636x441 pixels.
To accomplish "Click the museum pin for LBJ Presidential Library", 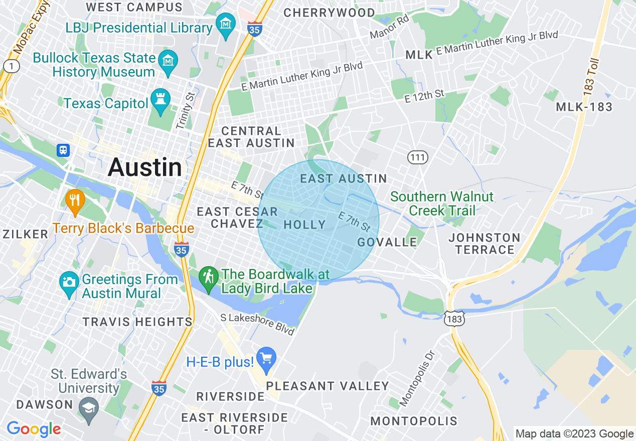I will click(x=226, y=24).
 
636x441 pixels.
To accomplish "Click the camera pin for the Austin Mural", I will click(x=69, y=282).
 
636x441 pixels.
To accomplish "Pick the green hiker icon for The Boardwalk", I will click(x=208, y=277).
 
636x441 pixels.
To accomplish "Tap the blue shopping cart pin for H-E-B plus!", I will click(x=266, y=359).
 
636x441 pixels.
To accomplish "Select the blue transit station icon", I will click(x=63, y=150).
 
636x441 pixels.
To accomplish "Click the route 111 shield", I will click(x=418, y=158).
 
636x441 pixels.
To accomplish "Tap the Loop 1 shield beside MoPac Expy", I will click(x=11, y=66).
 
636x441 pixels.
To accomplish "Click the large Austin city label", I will click(x=145, y=167).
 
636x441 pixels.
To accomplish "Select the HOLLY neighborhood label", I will click(x=304, y=225).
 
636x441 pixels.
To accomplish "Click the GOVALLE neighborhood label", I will click(x=387, y=242).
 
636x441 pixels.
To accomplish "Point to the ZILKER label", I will click(x=25, y=234).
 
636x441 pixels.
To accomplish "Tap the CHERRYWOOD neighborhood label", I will click(x=329, y=13).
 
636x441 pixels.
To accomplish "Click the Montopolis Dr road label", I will click(x=416, y=377).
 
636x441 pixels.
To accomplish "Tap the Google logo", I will click(x=34, y=429).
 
